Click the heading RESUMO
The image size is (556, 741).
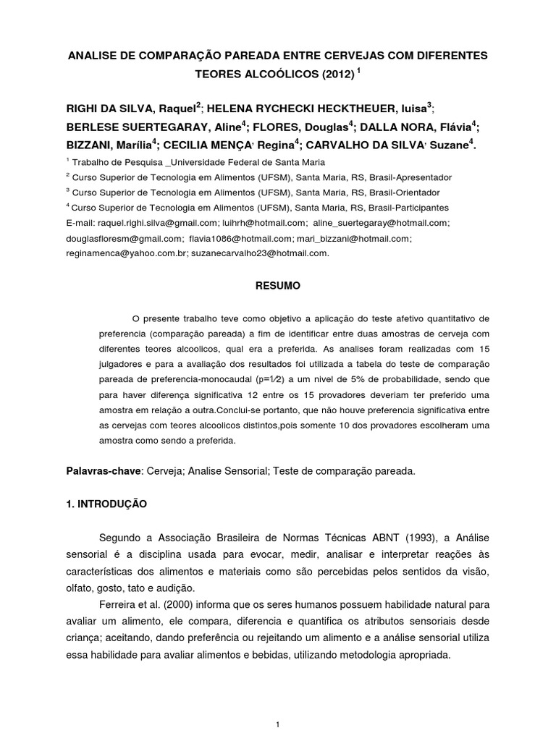tap(277, 286)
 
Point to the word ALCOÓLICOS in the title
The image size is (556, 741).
tap(275, 74)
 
